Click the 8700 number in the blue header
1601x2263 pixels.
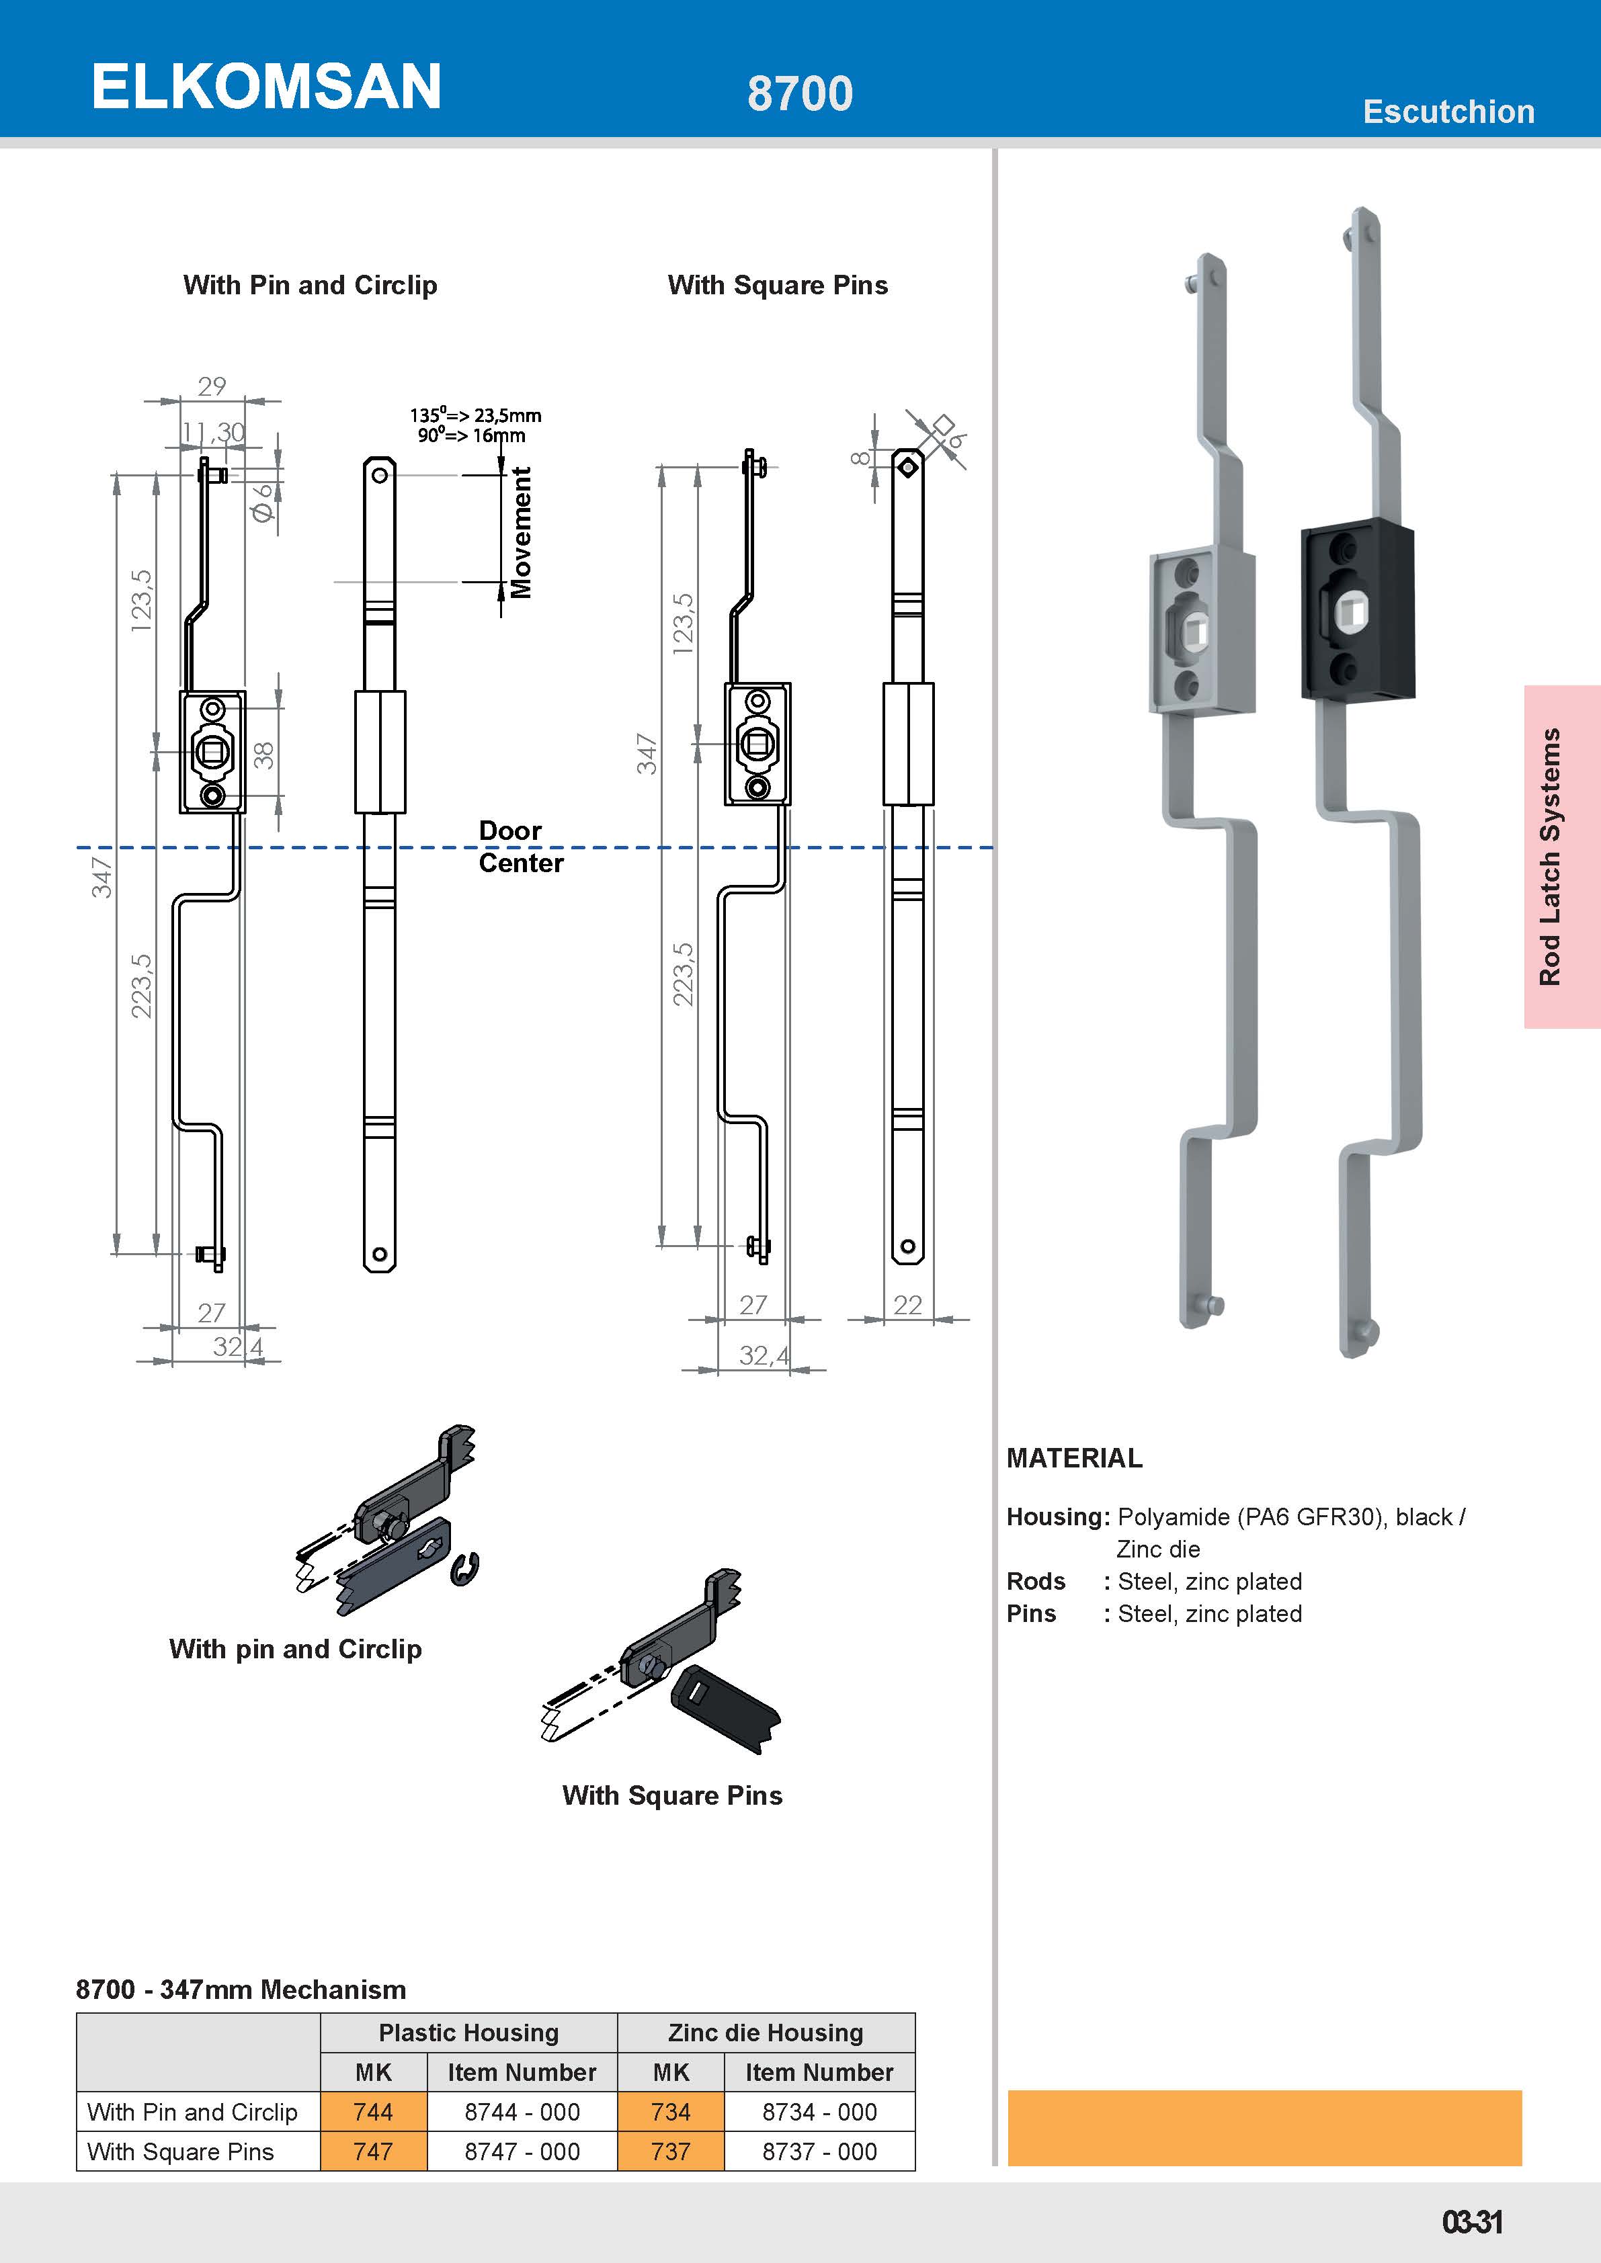point(800,93)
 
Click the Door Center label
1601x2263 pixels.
point(520,847)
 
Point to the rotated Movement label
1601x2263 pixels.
point(520,532)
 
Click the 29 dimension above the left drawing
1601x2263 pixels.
point(212,386)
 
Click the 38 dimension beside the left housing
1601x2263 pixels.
point(263,755)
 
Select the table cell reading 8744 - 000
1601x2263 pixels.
point(522,2112)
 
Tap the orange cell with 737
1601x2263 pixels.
point(670,2151)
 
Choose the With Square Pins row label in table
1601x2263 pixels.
point(180,2151)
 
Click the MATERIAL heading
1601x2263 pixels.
point(1073,1459)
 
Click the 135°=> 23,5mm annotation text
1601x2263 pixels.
point(475,415)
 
